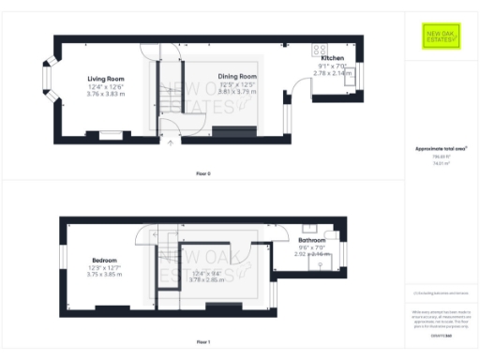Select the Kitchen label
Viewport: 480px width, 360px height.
click(333, 58)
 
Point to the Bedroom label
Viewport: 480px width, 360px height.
click(104, 260)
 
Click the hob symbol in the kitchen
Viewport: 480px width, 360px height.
click(321, 50)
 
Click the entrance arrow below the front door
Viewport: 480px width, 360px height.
click(170, 144)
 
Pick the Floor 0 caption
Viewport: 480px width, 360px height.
click(202, 174)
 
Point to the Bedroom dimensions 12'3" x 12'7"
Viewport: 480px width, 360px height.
click(104, 267)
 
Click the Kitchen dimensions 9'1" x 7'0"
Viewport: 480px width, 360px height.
click(334, 66)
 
